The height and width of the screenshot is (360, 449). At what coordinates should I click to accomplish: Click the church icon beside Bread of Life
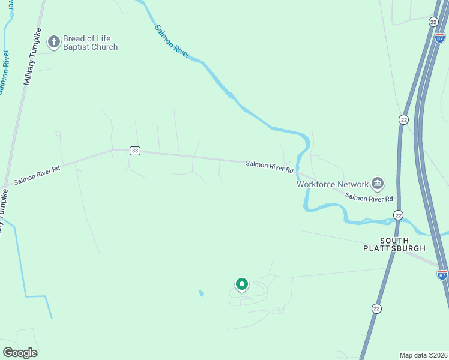click(54, 41)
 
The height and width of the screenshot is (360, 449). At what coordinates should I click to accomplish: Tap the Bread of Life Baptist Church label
click(90, 43)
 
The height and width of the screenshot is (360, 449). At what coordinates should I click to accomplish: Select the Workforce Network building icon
click(377, 183)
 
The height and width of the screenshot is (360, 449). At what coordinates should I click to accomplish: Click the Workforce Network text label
click(332, 184)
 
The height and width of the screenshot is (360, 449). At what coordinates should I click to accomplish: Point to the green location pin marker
click(242, 284)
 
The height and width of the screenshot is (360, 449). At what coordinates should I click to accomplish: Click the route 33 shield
click(134, 151)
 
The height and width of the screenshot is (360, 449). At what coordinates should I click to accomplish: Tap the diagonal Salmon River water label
click(172, 41)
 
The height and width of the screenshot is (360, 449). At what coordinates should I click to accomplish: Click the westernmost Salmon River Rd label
click(37, 173)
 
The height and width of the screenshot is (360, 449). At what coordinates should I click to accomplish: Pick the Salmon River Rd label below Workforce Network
click(369, 197)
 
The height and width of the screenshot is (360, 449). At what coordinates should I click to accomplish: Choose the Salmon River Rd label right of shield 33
click(269, 167)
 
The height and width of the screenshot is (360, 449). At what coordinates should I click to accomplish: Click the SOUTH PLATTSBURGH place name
click(394, 244)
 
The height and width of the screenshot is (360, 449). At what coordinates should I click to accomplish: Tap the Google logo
click(20, 353)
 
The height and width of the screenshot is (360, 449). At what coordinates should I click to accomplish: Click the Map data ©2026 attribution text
click(423, 355)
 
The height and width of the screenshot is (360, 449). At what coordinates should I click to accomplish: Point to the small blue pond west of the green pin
click(200, 293)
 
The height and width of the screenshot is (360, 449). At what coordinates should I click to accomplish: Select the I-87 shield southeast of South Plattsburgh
click(442, 274)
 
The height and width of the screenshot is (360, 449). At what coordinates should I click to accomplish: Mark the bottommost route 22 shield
click(376, 308)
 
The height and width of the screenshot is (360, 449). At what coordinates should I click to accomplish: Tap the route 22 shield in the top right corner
click(433, 22)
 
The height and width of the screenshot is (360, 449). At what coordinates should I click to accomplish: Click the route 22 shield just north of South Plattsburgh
click(398, 215)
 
